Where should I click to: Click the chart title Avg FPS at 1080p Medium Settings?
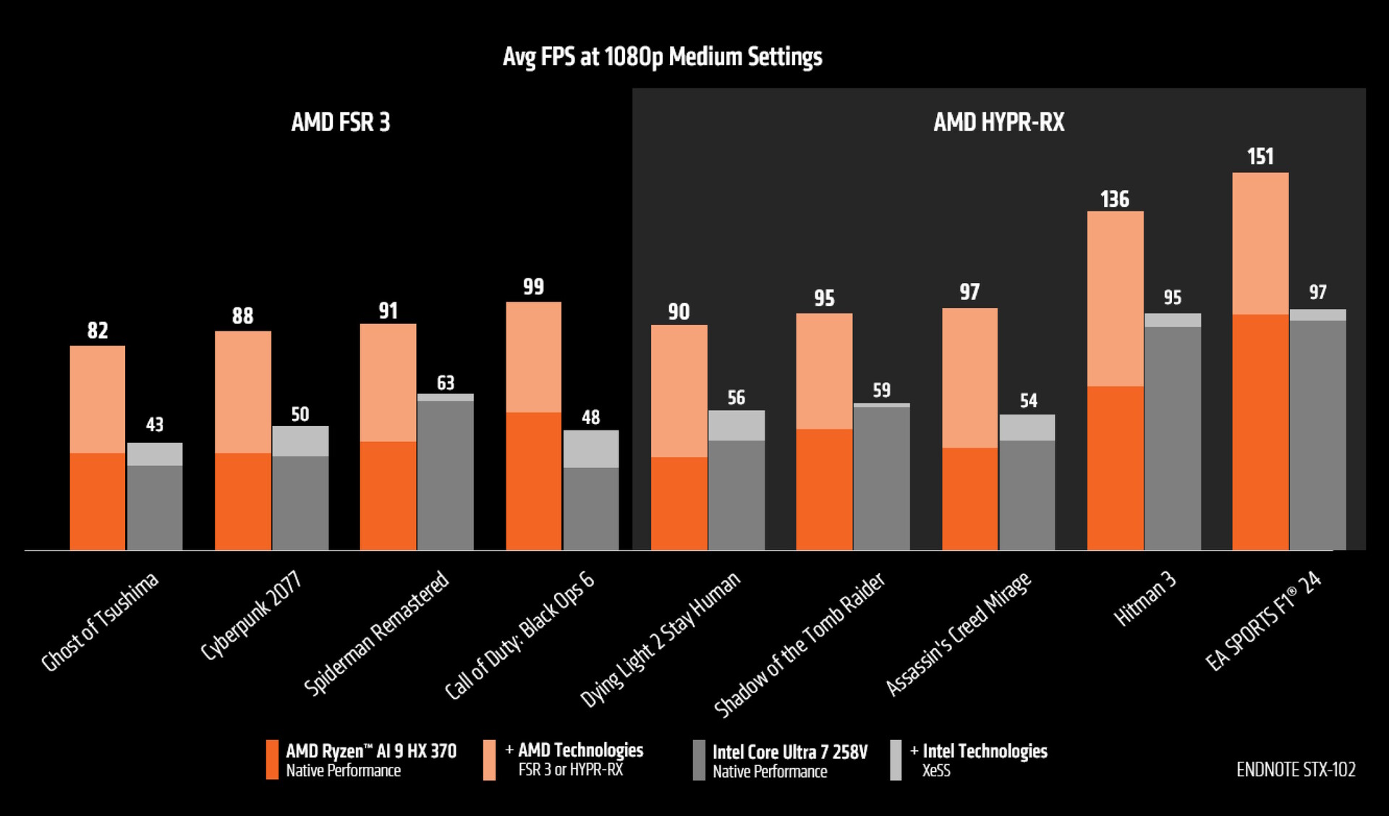pyautogui.click(x=662, y=57)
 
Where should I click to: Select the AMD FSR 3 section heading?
pyautogui.click(x=340, y=122)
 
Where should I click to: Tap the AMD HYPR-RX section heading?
pyautogui.click(x=998, y=122)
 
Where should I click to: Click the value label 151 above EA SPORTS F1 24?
pyautogui.click(x=1260, y=157)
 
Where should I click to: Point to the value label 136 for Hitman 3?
pyautogui.click(x=1114, y=199)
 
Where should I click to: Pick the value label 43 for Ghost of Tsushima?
pyautogui.click(x=155, y=425)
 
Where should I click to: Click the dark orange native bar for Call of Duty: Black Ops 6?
pyautogui.click(x=533, y=481)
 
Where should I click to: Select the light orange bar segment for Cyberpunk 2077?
pyautogui.click(x=243, y=392)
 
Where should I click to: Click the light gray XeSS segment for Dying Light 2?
pyautogui.click(x=736, y=425)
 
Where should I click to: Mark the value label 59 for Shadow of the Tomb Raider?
pyautogui.click(x=881, y=391)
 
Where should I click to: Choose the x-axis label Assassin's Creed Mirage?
pyautogui.click(x=959, y=634)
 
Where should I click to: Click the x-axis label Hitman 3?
pyautogui.click(x=1144, y=599)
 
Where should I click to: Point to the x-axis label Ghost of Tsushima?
pyautogui.click(x=100, y=622)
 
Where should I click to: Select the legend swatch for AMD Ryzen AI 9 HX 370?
pyautogui.click(x=272, y=760)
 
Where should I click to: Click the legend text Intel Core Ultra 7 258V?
pyautogui.click(x=789, y=752)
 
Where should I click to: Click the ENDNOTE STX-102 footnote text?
pyautogui.click(x=1296, y=770)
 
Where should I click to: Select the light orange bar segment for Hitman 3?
pyautogui.click(x=1115, y=299)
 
